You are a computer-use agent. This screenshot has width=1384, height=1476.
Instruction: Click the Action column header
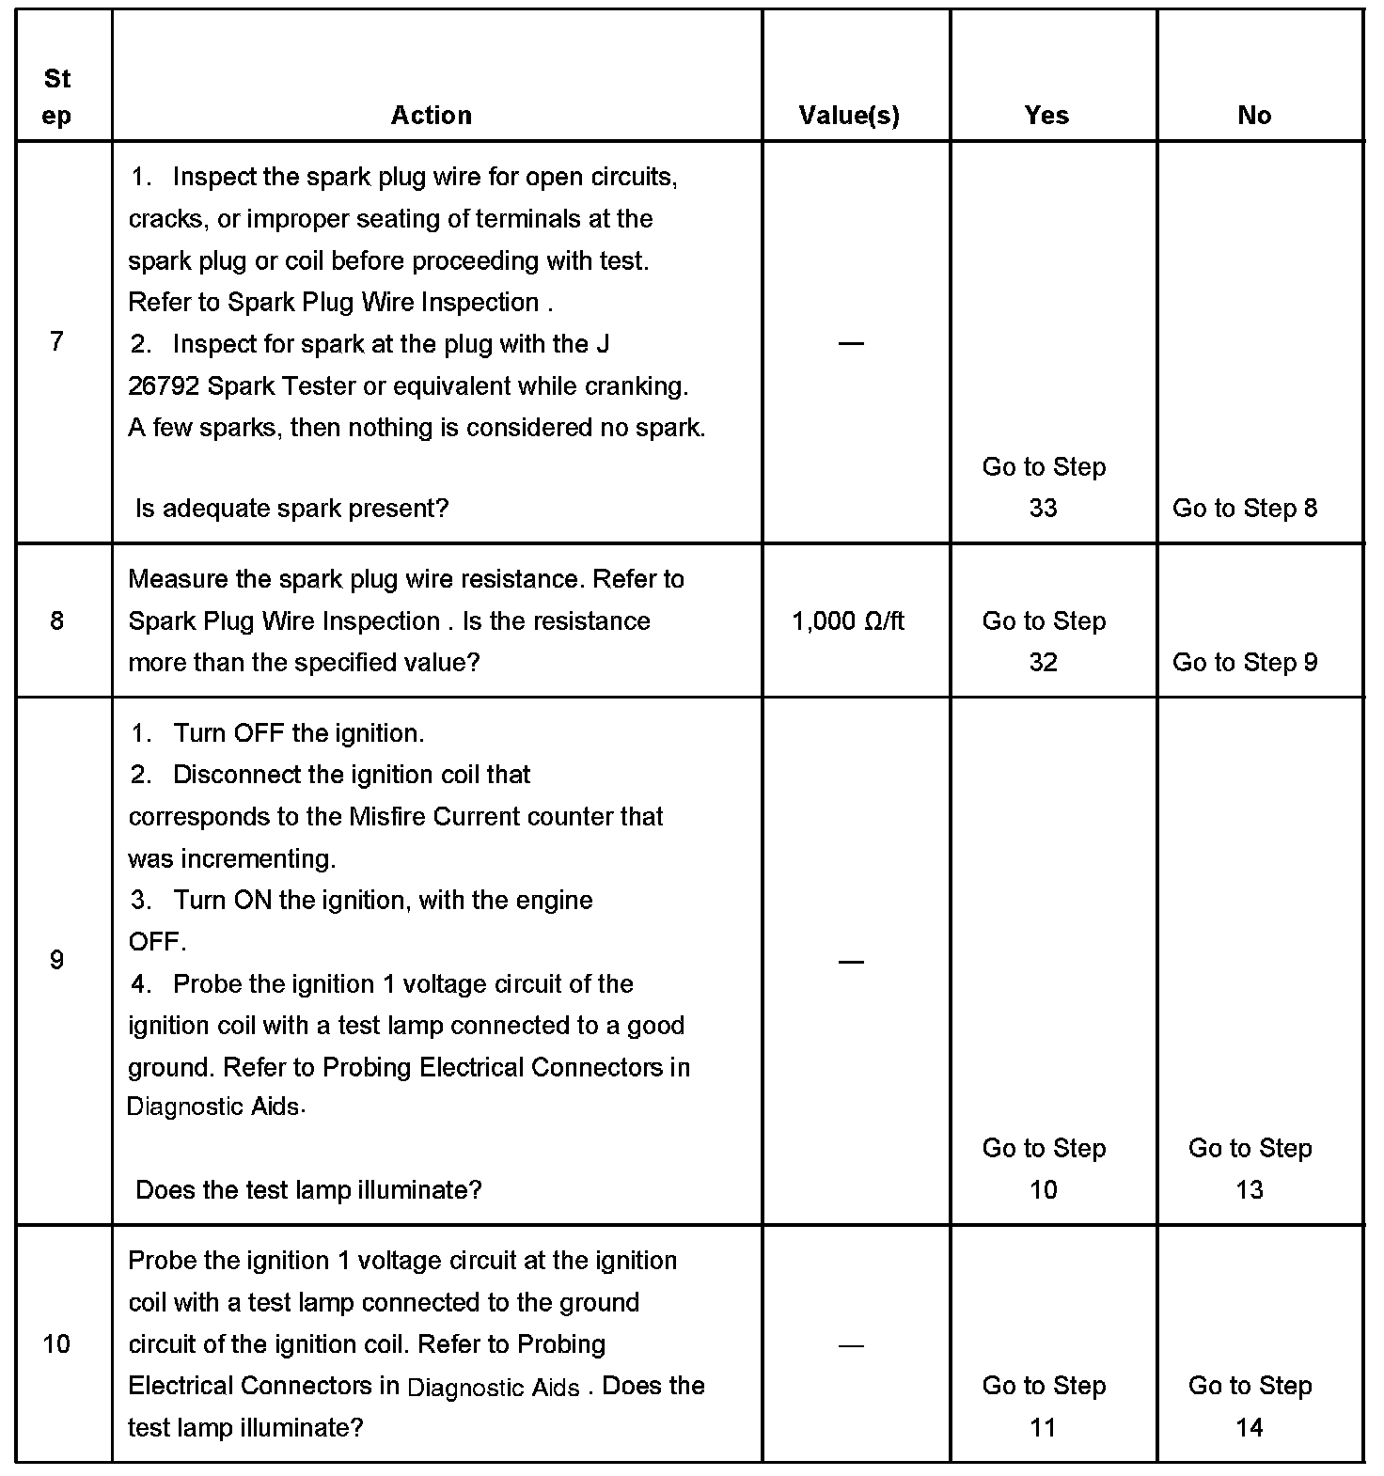(x=432, y=116)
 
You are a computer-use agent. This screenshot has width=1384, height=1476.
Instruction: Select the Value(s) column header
(x=849, y=116)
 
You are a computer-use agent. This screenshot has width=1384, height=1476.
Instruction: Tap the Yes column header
(x=1046, y=116)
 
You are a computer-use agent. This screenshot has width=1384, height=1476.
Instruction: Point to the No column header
(x=1254, y=116)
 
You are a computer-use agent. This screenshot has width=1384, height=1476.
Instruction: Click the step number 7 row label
(x=57, y=341)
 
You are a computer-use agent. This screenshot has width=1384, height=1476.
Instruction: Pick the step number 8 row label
(x=57, y=620)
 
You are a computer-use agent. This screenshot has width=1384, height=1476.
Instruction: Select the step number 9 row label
(x=57, y=960)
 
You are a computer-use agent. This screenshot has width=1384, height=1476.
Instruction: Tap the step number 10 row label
(x=57, y=1343)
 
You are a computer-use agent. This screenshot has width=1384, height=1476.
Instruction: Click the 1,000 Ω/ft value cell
(x=848, y=620)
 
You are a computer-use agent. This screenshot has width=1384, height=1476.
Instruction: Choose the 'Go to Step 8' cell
(x=1245, y=509)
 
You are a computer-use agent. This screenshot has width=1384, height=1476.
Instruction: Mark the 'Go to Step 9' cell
(x=1245, y=663)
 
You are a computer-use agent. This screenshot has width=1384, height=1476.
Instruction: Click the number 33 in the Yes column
(x=1044, y=509)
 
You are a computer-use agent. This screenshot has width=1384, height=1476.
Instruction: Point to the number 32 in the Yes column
(x=1044, y=663)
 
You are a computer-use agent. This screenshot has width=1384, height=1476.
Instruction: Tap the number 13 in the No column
(x=1250, y=1190)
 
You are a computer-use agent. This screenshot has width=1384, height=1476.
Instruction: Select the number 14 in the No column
(x=1250, y=1428)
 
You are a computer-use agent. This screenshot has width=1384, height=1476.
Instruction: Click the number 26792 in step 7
(x=163, y=386)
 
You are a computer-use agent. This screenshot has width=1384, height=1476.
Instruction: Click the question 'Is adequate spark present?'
(x=292, y=509)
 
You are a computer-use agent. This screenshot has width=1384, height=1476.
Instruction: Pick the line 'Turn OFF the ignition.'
(x=299, y=733)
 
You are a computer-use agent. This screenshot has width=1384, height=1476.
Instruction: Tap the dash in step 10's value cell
(x=850, y=1345)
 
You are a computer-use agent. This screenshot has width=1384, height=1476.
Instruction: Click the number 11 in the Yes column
(x=1044, y=1428)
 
